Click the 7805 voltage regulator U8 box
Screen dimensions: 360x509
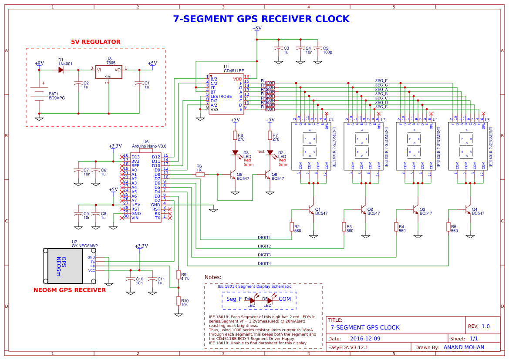[x=108, y=72]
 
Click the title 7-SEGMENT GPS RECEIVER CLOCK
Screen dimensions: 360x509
[x=261, y=19]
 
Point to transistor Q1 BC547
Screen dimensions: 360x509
[x=312, y=209]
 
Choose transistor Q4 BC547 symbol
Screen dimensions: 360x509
[x=469, y=209]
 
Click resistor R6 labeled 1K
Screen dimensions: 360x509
[x=200, y=174]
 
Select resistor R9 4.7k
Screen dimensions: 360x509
[x=178, y=274]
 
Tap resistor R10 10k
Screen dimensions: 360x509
[x=178, y=300]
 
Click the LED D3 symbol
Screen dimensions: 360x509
[x=235, y=153]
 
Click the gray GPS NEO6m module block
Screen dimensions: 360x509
[x=65, y=266]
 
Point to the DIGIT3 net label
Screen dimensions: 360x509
[x=264, y=255]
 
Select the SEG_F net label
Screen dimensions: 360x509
[x=381, y=81]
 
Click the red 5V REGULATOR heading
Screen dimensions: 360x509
[x=95, y=42]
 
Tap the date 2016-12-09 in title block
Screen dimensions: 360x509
[x=365, y=339]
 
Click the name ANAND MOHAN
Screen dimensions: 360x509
[x=463, y=347]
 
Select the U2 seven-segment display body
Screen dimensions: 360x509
[x=311, y=146]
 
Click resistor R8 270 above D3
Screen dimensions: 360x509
[x=235, y=135]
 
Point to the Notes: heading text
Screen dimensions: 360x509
[x=213, y=277]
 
